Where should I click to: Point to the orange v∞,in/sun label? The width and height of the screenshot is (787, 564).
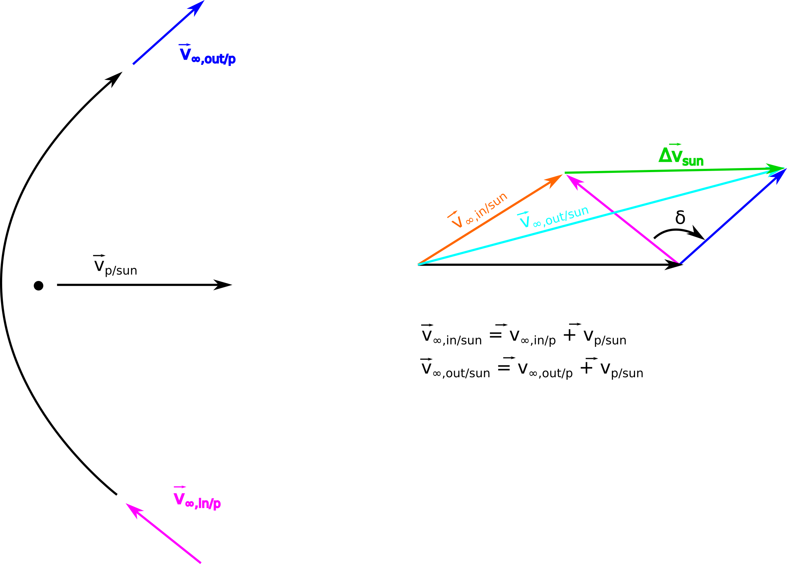478,210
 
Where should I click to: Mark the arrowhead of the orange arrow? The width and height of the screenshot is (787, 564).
554,179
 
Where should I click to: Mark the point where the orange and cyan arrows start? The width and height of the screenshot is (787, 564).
418,264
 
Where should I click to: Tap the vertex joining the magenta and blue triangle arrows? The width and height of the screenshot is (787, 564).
680,263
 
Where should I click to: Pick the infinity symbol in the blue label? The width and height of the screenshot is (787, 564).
196,60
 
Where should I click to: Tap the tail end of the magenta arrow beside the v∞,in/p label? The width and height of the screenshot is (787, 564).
200,563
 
